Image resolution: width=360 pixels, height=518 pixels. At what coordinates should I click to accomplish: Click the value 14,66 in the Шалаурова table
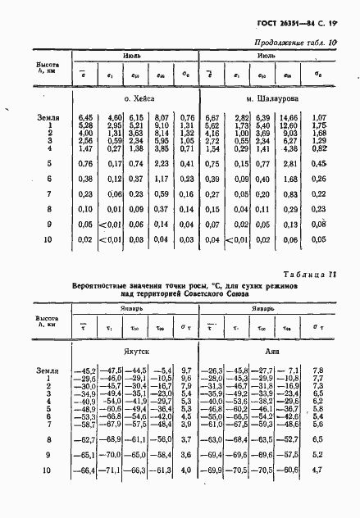[289, 117]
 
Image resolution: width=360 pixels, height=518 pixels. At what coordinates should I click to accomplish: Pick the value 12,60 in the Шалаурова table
[289, 125]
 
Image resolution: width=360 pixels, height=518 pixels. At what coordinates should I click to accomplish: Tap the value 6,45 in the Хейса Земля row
[88, 117]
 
